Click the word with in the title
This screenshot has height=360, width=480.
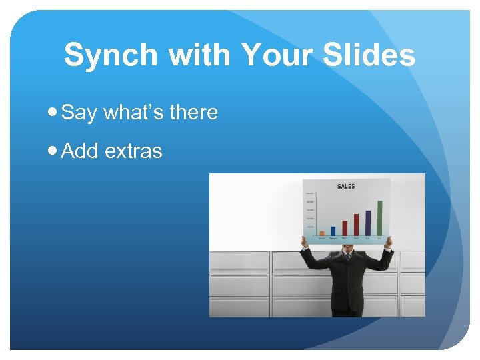click(x=201, y=55)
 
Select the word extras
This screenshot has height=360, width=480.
click(x=133, y=151)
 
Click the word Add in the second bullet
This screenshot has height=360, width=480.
click(x=80, y=151)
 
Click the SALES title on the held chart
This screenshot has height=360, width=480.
click(x=346, y=187)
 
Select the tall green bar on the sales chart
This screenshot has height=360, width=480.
click(x=379, y=218)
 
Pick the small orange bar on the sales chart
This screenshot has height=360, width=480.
click(x=322, y=233)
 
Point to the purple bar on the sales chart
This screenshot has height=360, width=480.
click(x=368, y=223)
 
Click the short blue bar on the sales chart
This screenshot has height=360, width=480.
click(x=333, y=231)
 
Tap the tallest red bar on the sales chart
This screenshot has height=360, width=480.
click(x=356, y=225)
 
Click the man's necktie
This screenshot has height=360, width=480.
click(x=347, y=257)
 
